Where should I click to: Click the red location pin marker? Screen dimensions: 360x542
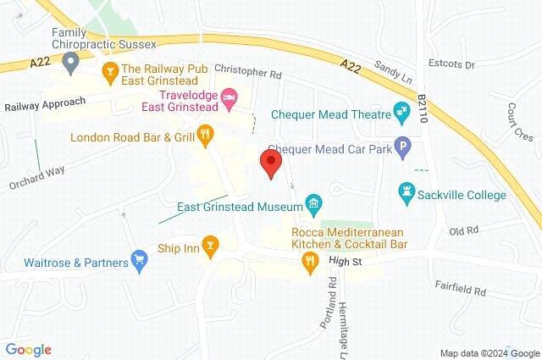point(271,163)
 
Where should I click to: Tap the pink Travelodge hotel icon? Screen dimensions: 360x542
point(229,101)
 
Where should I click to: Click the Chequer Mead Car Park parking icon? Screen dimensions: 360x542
point(403,147)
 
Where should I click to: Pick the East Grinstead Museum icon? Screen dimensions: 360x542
point(314,203)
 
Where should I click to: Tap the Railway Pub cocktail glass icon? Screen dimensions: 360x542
point(108,69)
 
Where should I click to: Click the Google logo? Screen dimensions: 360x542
point(28,350)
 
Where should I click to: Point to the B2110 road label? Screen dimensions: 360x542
point(423,111)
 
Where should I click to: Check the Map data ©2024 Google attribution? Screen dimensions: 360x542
point(489,353)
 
